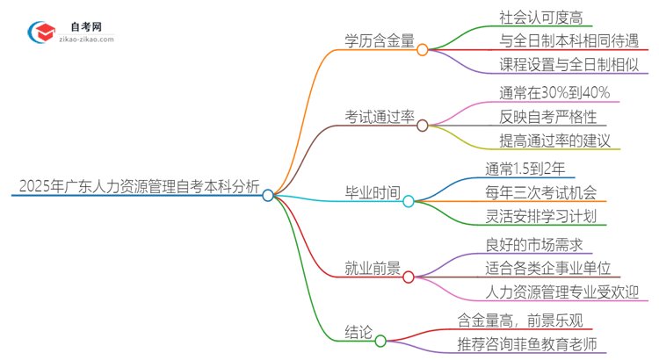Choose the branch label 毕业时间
tap(373, 191)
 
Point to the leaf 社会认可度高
tap(527, 17)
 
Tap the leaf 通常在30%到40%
tap(541, 92)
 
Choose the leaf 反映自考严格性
tap(534, 116)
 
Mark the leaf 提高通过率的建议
tap(542, 140)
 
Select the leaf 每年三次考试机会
tap(540, 192)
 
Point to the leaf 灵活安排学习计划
tap(540, 216)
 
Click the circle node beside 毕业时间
tap(409, 201)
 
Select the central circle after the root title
tap(268, 195)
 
